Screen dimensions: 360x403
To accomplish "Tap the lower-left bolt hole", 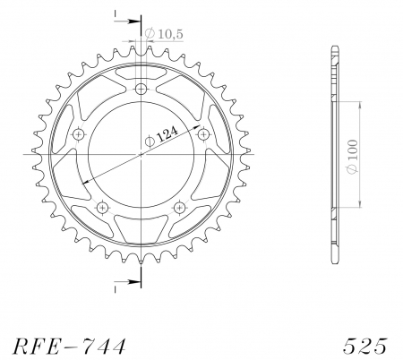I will (x=103, y=206).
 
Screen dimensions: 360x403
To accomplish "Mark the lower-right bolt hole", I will (x=180, y=206).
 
